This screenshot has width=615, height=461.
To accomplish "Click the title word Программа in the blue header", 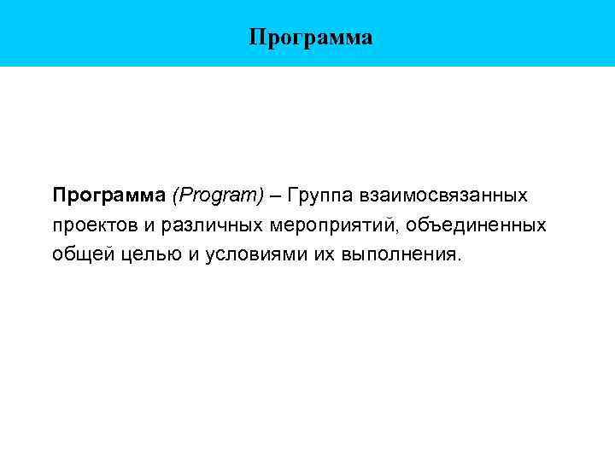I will click(x=311, y=38).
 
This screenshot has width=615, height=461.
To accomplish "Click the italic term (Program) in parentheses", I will click(x=218, y=195).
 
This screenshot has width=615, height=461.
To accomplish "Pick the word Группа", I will click(x=321, y=195).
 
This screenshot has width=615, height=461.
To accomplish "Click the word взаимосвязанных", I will click(x=445, y=195).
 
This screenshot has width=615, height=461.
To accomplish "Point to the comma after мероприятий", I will click(x=398, y=229).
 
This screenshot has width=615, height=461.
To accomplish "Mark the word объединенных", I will click(x=477, y=225).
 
